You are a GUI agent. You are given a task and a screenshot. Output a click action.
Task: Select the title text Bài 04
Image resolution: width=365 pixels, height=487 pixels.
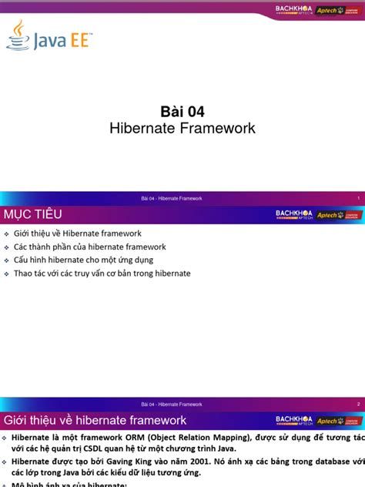click(182, 110)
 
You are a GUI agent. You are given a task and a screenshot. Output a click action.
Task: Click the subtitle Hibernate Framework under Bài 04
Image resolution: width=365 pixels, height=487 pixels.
click(182, 128)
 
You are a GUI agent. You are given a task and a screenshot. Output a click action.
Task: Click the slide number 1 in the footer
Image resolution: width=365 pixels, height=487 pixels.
click(359, 198)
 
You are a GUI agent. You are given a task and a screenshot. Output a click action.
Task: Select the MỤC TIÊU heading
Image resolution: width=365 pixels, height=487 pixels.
click(33, 213)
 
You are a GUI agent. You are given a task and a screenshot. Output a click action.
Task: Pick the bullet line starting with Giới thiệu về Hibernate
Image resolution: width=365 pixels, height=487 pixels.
click(77, 233)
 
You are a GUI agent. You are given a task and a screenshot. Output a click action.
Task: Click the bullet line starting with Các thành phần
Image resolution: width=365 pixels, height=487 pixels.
click(89, 247)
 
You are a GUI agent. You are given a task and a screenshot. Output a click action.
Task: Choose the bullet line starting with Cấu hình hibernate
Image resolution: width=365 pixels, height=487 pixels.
click(83, 260)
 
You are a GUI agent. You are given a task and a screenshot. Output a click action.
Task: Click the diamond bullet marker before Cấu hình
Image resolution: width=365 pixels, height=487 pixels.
click(7, 260)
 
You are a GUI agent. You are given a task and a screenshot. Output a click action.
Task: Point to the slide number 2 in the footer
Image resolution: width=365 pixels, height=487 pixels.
click(359, 405)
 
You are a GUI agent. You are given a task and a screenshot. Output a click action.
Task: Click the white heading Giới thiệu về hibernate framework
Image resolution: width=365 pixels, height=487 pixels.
click(95, 420)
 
